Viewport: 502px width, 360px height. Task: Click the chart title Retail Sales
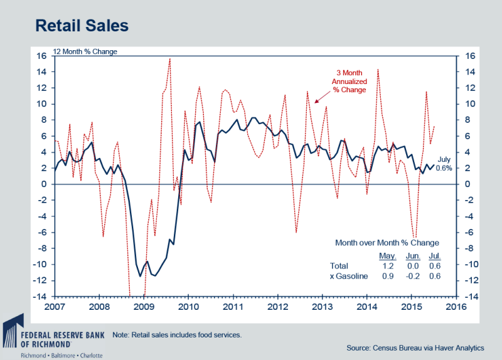point(82,26)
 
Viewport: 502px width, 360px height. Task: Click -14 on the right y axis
point(470,296)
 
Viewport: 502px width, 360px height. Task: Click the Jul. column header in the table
point(435,256)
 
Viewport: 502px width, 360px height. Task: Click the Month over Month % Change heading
point(387,242)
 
